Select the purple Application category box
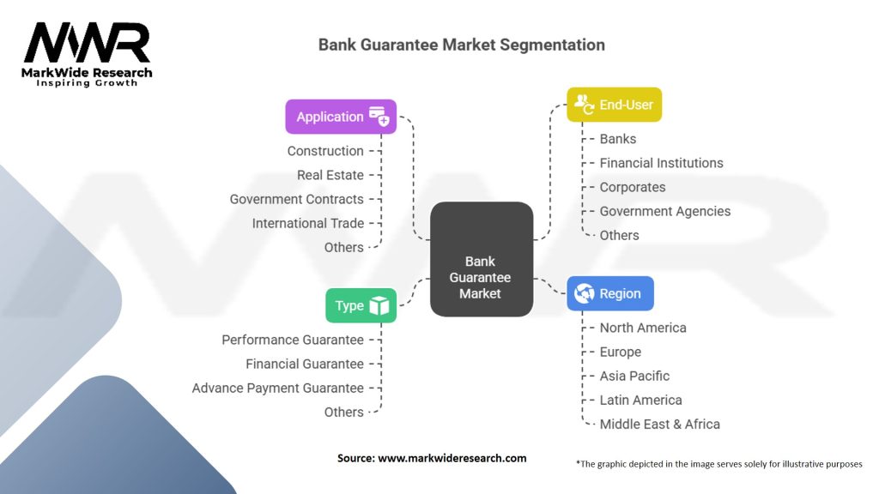click(x=341, y=117)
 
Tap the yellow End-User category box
click(x=614, y=105)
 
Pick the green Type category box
click(x=361, y=305)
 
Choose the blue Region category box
click(x=610, y=293)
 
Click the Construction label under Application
click(x=325, y=151)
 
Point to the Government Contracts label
click(x=296, y=199)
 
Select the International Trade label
click(x=308, y=223)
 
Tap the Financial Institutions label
click(x=661, y=163)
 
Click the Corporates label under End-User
click(x=632, y=187)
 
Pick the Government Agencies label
click(x=664, y=211)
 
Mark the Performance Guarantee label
click(x=293, y=340)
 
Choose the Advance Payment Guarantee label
click(x=278, y=388)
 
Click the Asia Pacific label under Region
click(x=634, y=376)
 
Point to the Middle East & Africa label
click(x=659, y=424)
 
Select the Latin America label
click(x=640, y=400)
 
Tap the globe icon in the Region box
click(x=585, y=293)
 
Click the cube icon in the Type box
click(x=379, y=305)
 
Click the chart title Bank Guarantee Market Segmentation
click(x=461, y=45)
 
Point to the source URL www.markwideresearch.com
click(x=452, y=458)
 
